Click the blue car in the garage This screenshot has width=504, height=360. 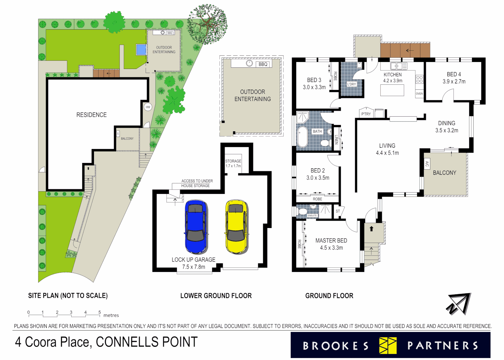click(196, 227)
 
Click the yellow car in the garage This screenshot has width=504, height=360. click(236, 227)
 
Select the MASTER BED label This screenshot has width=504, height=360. click(331, 240)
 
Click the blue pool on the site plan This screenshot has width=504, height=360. click(141, 50)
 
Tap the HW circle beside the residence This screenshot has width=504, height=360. click(148, 107)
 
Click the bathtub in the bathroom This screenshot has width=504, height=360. click(302, 136)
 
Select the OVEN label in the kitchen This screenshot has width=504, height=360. click(419, 94)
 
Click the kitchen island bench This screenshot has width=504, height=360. click(392, 90)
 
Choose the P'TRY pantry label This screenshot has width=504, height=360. click(366, 114)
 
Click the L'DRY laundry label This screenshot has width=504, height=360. click(351, 84)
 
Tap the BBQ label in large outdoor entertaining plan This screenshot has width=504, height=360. click(263, 64)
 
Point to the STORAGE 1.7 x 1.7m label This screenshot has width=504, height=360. click(233, 163)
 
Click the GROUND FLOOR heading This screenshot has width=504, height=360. click(329, 296)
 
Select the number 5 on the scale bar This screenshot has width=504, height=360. click(99, 312)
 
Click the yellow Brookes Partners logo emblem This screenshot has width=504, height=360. click(388, 345)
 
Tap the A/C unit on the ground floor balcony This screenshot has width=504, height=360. click(427, 164)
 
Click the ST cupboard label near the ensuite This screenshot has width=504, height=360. click(338, 211)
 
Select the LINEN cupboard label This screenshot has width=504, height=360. click(336, 139)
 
